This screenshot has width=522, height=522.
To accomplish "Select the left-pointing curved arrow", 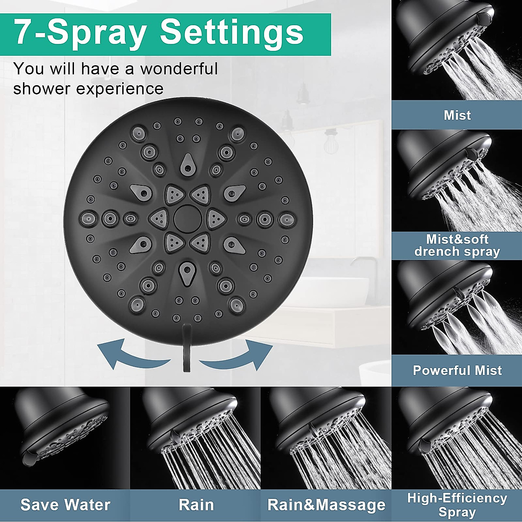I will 130,352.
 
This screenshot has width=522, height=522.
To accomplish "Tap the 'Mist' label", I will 457,115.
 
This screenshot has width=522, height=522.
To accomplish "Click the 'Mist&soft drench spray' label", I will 457,245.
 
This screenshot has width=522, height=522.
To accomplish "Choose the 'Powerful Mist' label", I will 457,370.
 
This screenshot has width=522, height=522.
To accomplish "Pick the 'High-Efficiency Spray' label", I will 457,505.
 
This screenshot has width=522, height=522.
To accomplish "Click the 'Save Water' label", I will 65,505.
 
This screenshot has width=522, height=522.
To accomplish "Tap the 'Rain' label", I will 196,505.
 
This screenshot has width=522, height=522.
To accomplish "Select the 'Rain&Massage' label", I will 326,505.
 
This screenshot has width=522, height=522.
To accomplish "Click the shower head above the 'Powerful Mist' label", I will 448,296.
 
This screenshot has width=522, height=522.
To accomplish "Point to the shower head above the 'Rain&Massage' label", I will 318,418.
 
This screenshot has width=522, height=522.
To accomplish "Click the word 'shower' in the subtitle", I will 42,89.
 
